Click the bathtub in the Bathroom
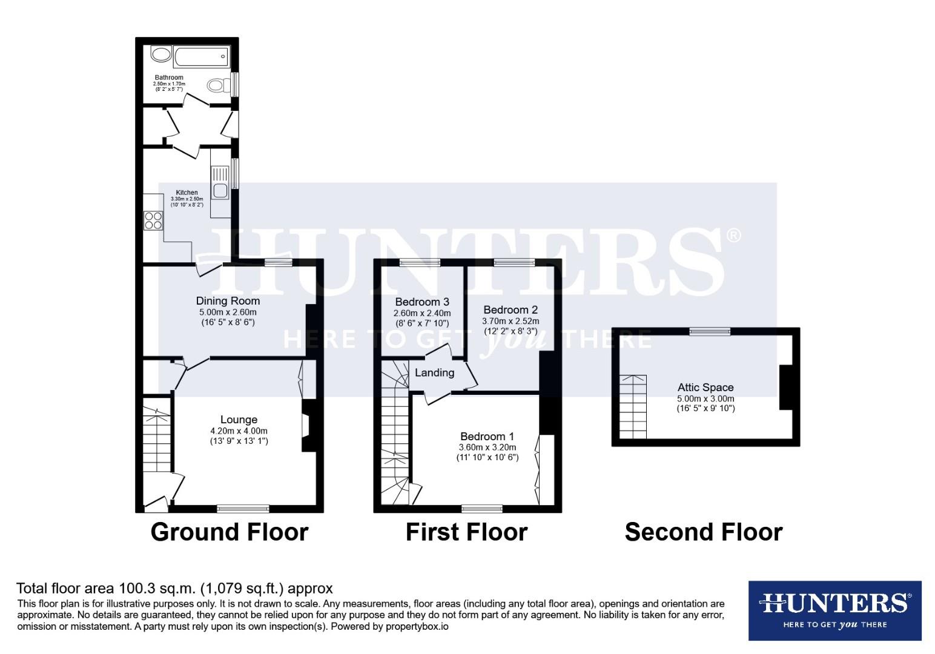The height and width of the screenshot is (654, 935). (200, 58)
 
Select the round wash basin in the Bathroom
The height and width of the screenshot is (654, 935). (161, 55)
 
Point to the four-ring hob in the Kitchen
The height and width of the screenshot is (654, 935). (153, 220)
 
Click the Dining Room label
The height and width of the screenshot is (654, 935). (228, 301)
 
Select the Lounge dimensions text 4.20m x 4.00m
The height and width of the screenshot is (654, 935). (239, 431)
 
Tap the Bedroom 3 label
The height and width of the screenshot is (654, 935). (422, 302)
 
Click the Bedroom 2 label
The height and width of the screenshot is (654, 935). (510, 310)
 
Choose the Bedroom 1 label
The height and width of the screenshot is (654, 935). (487, 437)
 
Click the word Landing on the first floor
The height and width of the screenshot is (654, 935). (434, 373)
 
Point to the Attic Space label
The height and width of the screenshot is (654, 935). (705, 388)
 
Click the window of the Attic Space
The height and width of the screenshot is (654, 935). (710, 331)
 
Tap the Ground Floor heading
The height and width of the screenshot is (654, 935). (230, 532)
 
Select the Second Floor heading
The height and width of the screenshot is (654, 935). (704, 532)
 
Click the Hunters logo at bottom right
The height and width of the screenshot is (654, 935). (834, 610)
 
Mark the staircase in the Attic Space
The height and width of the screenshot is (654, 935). (633, 406)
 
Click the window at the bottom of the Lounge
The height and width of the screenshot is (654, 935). (243, 509)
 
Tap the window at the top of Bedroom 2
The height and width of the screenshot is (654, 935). (514, 263)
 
